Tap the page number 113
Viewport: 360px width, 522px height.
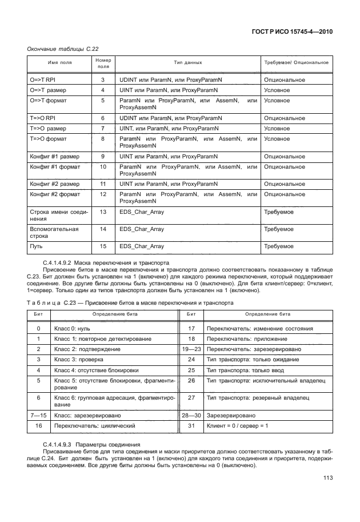tap(327, 480)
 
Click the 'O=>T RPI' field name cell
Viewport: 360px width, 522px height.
tap(43, 79)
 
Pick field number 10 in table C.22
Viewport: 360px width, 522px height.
tap(103, 166)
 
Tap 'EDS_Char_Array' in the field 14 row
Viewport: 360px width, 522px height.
tap(141, 229)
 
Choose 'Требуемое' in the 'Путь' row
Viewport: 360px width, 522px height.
tap(278, 246)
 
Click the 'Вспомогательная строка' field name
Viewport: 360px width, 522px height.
tap(53, 232)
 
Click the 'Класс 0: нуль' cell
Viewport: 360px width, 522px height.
tap(73, 328)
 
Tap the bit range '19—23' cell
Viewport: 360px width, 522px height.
tap(191, 349)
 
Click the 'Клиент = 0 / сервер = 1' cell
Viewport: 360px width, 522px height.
tap(238, 426)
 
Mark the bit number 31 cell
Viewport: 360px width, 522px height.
tap(191, 426)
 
